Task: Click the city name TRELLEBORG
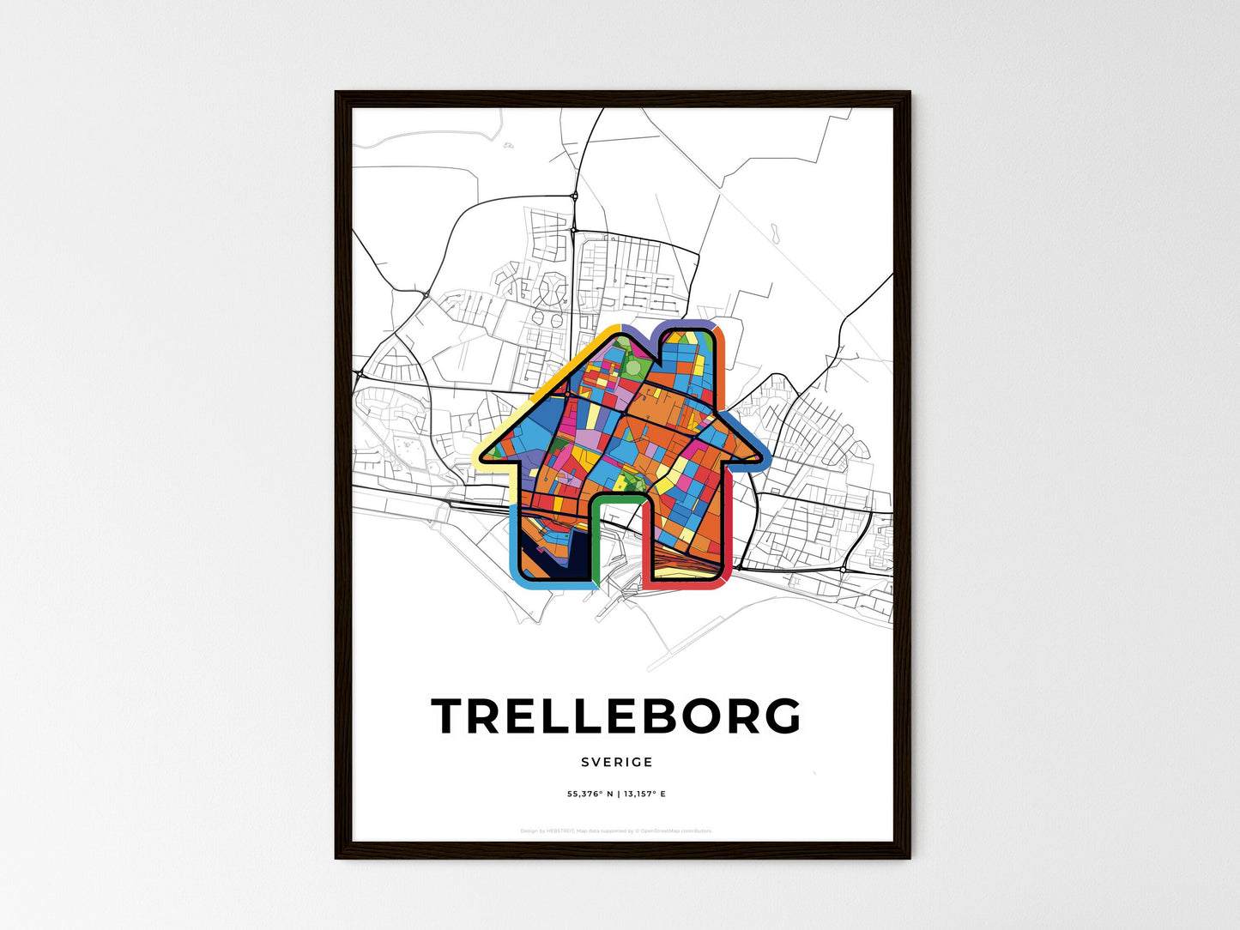tap(616, 716)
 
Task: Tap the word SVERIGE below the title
tap(616, 762)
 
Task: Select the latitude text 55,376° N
tap(590, 794)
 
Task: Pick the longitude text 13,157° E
tap(643, 794)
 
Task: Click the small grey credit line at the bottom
tap(616, 830)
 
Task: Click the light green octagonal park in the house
tap(632, 367)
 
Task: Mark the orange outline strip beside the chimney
tap(722, 369)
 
